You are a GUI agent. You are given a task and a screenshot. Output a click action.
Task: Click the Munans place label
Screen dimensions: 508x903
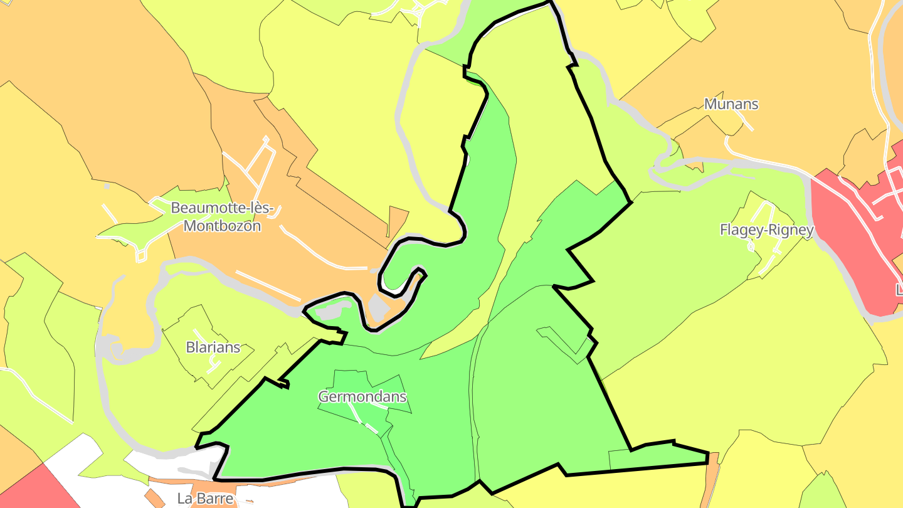click(x=731, y=104)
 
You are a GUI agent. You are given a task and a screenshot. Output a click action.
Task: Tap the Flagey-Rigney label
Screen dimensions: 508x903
click(x=766, y=230)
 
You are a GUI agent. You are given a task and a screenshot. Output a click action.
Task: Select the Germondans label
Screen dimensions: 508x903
click(x=362, y=397)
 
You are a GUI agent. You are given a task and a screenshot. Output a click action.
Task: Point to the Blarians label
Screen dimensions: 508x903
click(x=213, y=347)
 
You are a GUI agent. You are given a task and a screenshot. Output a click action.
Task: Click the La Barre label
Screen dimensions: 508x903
click(x=205, y=499)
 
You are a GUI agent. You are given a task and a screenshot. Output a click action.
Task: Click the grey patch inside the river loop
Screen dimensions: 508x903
click(x=378, y=307)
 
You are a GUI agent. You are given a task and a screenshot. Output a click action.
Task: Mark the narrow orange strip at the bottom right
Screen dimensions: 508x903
click(x=710, y=483)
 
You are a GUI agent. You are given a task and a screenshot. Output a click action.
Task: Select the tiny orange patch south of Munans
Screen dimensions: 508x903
click(x=697, y=166)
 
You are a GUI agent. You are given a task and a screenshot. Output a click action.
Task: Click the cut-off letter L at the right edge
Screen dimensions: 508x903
click(x=899, y=290)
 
